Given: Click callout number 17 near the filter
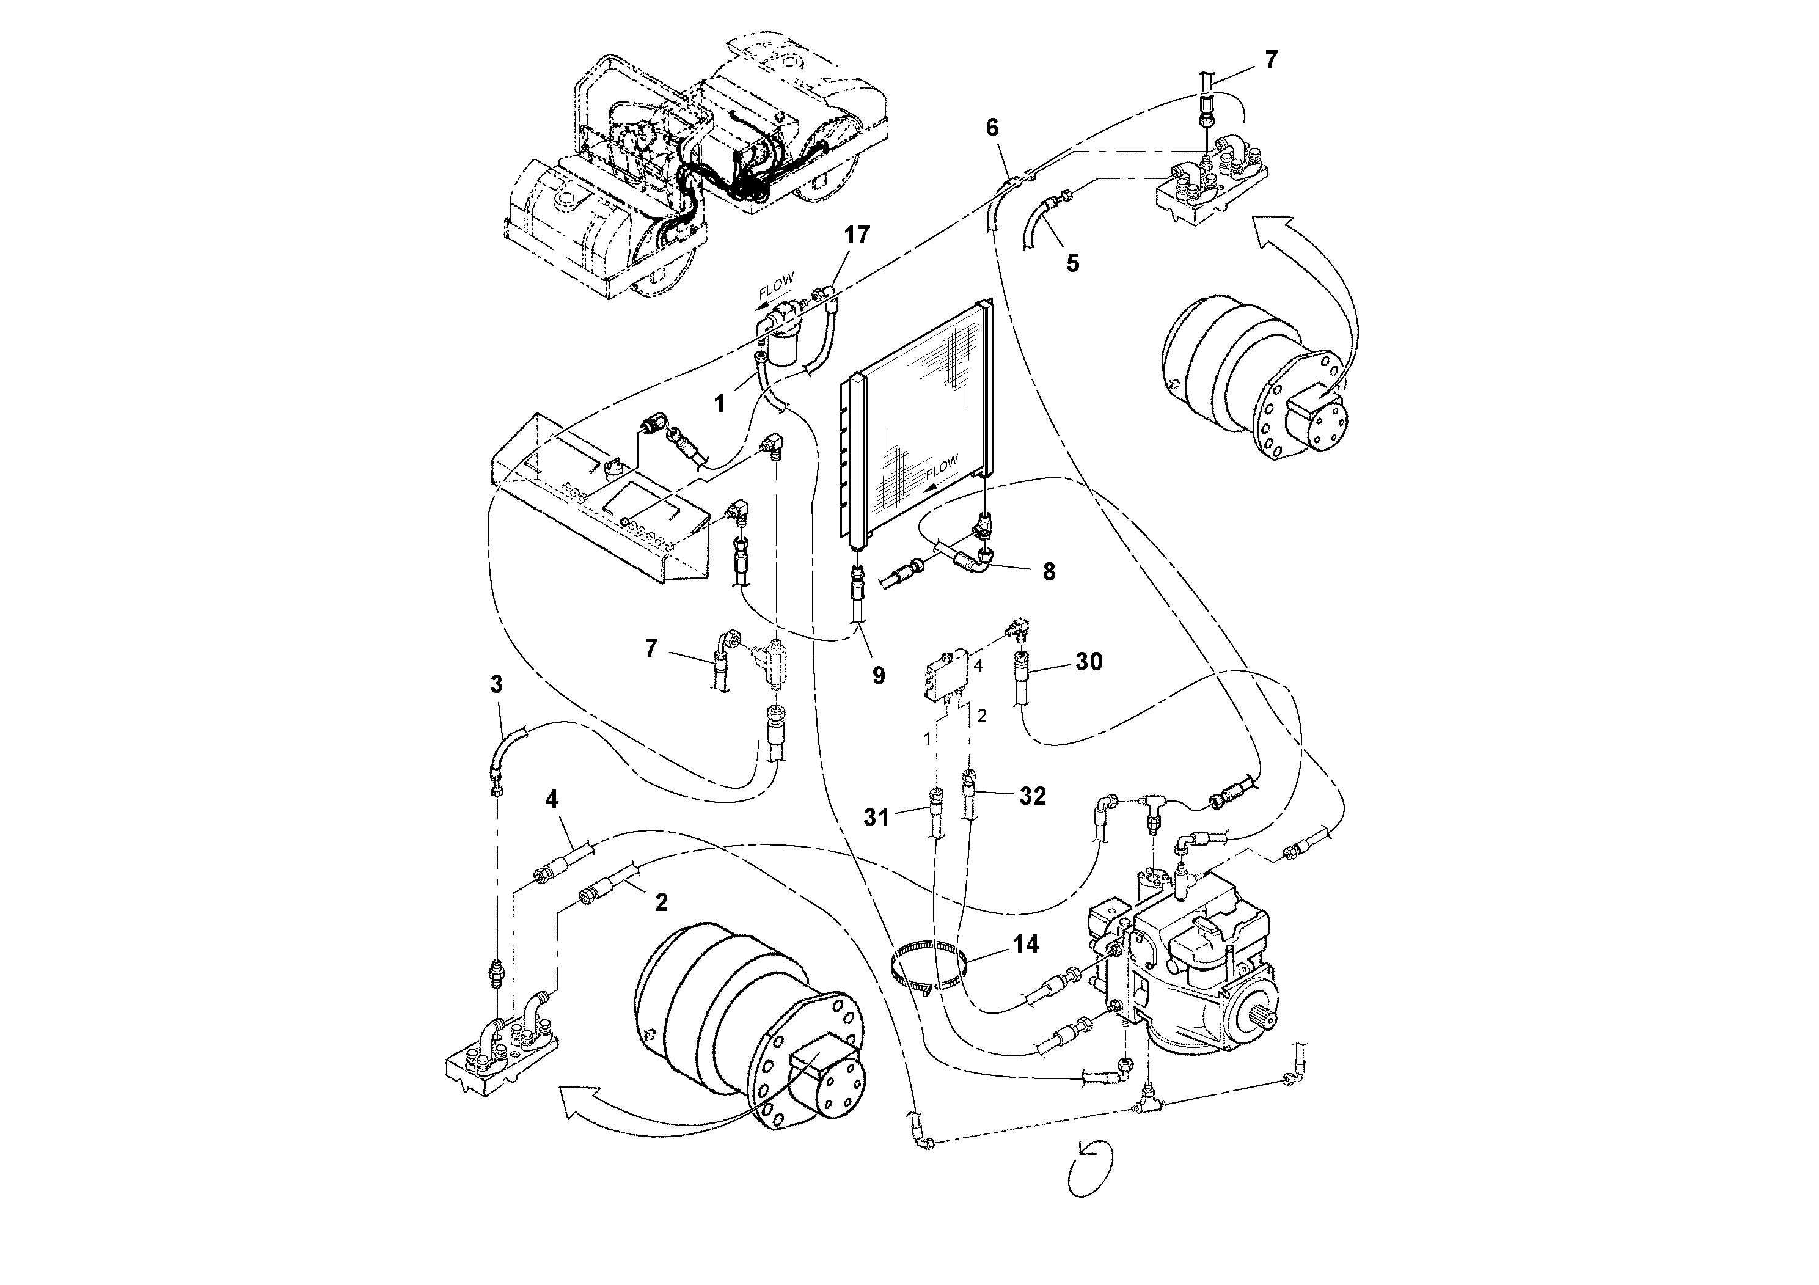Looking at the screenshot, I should point(857,235).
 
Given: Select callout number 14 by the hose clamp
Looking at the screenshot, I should point(1025,943).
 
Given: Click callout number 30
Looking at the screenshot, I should point(1089,662).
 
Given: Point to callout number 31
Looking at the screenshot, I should point(876,817).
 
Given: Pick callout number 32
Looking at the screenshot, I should point(1031,796).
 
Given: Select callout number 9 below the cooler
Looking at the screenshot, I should point(878,675).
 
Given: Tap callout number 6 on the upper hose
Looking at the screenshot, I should point(992,128).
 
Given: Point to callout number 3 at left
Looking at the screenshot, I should point(496,684).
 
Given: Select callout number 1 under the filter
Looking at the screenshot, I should point(719,404).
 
